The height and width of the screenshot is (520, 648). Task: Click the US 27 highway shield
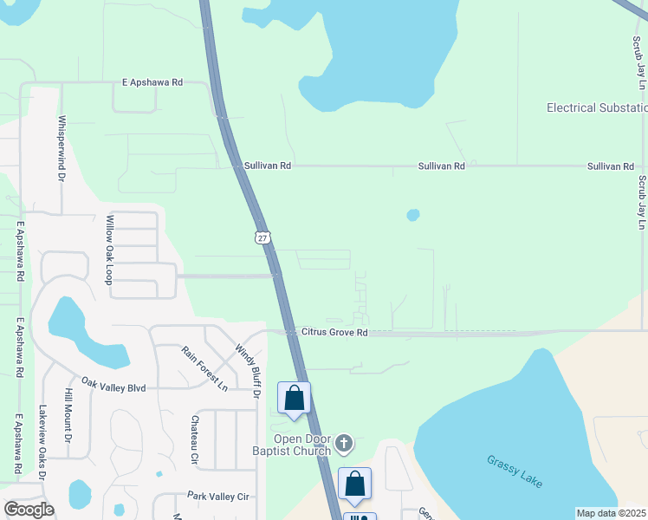pos(262,237)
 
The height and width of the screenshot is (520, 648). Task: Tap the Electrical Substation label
pos(597,107)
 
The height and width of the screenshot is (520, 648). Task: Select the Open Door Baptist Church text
pos(292,445)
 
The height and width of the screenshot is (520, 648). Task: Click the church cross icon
pos(344,444)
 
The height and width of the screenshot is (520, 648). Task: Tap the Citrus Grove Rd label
pos(334,332)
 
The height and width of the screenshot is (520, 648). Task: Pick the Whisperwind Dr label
pos(62,148)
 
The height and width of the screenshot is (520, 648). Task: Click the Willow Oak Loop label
pos(109,250)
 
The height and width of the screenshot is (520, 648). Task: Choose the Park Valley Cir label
pos(218,496)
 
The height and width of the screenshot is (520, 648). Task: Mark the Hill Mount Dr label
pos(68,416)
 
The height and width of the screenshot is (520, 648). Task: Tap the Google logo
pos(29,510)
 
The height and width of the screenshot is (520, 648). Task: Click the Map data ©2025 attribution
pos(611,513)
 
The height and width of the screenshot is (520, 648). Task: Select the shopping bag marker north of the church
pos(294,400)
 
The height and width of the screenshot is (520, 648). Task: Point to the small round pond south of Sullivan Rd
pos(413,214)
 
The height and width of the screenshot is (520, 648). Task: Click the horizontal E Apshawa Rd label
pos(152,82)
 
